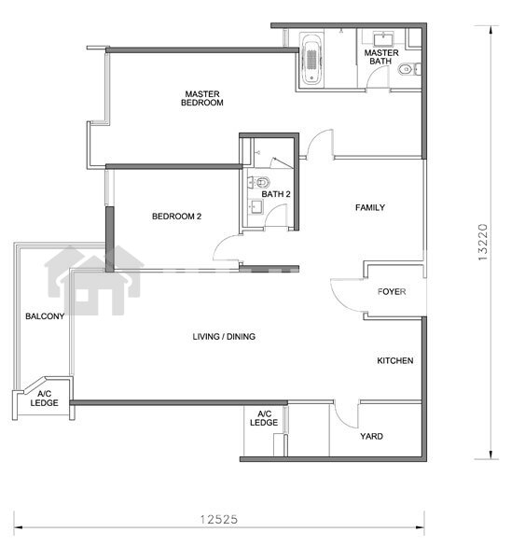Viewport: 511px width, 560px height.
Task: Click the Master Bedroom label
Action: (x=202, y=98)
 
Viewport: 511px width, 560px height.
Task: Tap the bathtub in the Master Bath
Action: (x=312, y=60)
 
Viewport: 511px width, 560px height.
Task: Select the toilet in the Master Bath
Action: (x=409, y=69)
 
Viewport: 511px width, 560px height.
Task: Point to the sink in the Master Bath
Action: (x=383, y=38)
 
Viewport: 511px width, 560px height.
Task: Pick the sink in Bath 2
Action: (x=255, y=206)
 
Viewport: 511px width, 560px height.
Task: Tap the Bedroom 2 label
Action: (x=176, y=217)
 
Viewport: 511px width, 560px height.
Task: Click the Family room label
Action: (x=370, y=207)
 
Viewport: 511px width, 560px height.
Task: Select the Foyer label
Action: (x=392, y=292)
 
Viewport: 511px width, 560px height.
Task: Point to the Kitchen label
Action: (x=395, y=360)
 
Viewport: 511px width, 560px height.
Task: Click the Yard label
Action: (x=371, y=436)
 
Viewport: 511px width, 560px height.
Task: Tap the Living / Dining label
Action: (x=224, y=336)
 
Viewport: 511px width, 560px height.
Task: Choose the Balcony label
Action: (x=45, y=316)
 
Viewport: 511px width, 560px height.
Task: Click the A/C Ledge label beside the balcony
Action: (x=44, y=399)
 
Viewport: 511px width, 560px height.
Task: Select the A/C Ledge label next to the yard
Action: (x=264, y=418)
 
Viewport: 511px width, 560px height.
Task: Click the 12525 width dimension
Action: (x=218, y=519)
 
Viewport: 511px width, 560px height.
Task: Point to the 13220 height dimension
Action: (x=482, y=242)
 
